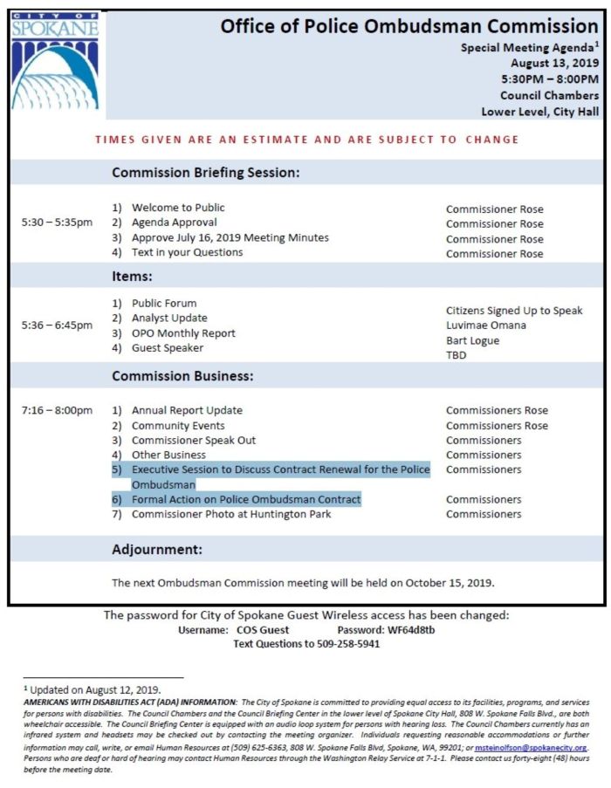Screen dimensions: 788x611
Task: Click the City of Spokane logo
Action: tap(57, 62)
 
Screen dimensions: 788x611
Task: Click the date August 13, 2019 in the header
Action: tap(555, 64)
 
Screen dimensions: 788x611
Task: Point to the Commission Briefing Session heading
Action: tap(205, 173)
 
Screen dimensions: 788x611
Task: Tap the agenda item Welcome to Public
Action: tap(178, 208)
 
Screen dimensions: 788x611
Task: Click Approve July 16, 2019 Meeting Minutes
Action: tap(230, 237)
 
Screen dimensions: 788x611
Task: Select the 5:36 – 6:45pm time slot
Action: tap(57, 325)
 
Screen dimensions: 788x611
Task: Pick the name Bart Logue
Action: tap(472, 340)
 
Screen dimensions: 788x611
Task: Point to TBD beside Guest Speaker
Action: tap(457, 355)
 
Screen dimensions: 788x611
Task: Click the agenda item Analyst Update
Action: tap(169, 319)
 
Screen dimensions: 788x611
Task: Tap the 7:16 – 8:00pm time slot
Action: tap(57, 410)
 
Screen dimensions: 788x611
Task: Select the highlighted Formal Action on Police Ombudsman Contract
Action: tap(245, 499)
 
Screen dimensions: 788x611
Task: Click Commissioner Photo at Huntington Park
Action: tap(231, 514)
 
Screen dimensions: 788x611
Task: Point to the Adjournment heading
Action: tap(157, 550)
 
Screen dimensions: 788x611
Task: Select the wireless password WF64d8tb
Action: tap(410, 630)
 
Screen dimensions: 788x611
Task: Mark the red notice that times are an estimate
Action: tap(306, 140)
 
